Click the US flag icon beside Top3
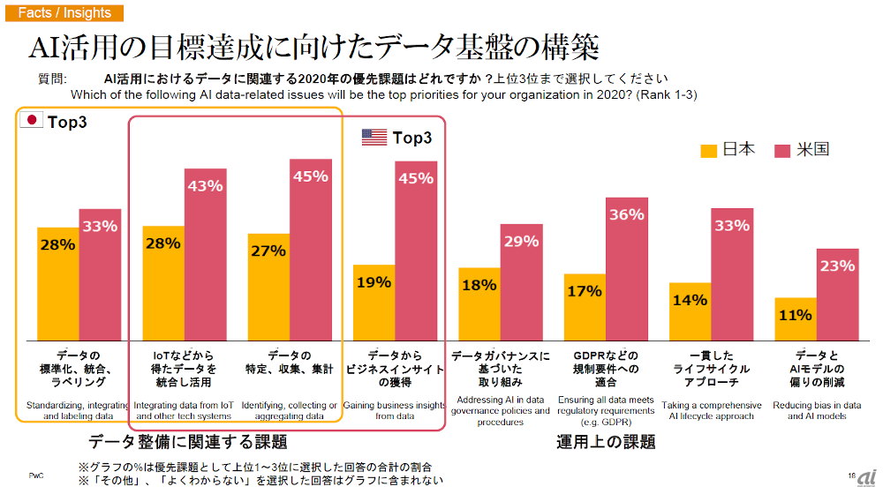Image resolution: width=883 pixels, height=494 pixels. [374, 137]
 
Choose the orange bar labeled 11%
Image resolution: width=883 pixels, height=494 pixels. [795, 319]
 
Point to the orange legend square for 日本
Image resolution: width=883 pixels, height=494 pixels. [709, 150]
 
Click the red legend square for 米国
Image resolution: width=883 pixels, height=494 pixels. [781, 150]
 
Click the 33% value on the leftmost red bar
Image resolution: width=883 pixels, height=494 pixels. [100, 226]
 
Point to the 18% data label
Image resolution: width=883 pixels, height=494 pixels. [479, 284]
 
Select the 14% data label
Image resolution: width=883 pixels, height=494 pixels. [689, 300]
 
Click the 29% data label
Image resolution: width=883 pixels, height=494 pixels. [521, 241]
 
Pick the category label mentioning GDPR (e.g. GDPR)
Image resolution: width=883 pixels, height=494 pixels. [605, 411]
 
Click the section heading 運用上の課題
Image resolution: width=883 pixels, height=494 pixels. [606, 442]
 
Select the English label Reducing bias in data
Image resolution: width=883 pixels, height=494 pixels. [816, 406]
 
